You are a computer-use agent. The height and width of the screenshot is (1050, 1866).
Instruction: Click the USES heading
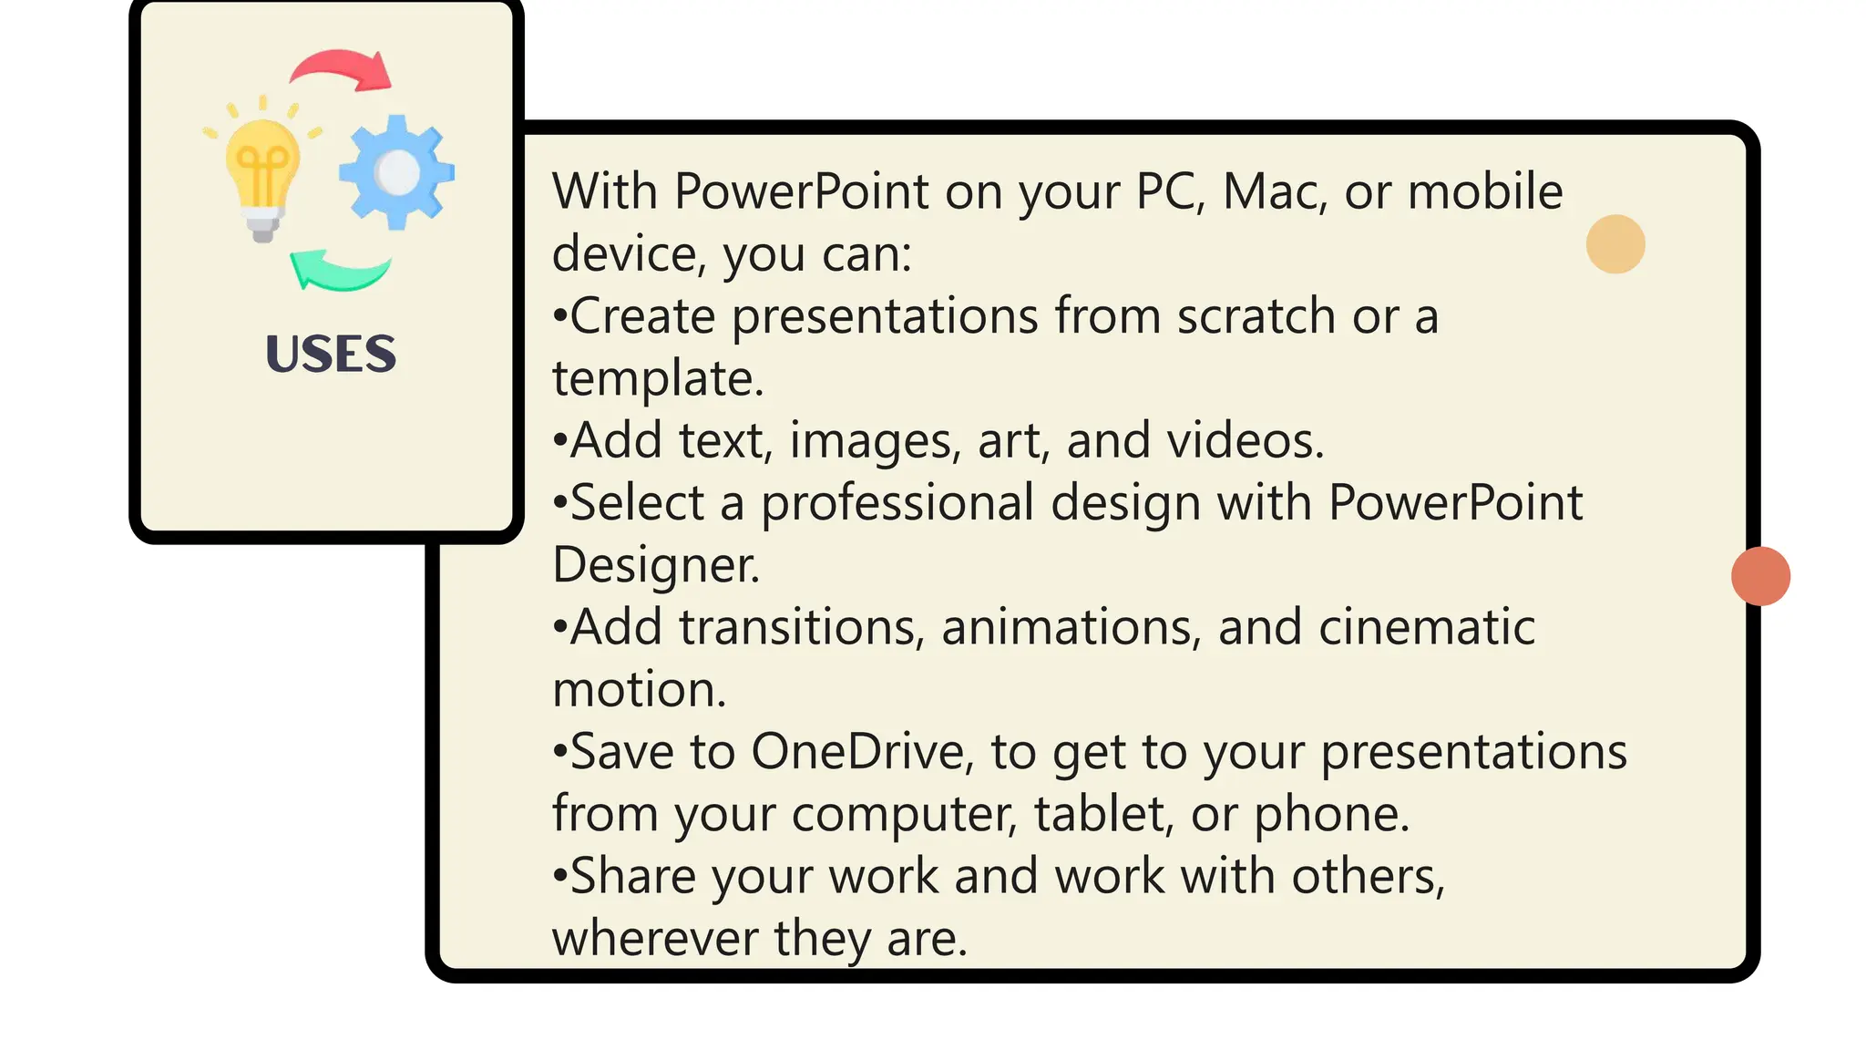(x=331, y=354)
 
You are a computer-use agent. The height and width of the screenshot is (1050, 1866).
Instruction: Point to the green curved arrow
(x=340, y=271)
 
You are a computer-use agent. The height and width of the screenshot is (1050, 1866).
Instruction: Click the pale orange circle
(x=1615, y=244)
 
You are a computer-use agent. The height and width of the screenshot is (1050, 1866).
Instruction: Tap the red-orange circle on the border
(x=1760, y=576)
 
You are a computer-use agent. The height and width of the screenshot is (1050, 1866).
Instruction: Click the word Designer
(x=655, y=565)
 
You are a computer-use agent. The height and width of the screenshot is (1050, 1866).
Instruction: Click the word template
(x=657, y=379)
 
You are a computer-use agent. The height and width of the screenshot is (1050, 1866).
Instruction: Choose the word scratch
(x=1256, y=316)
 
